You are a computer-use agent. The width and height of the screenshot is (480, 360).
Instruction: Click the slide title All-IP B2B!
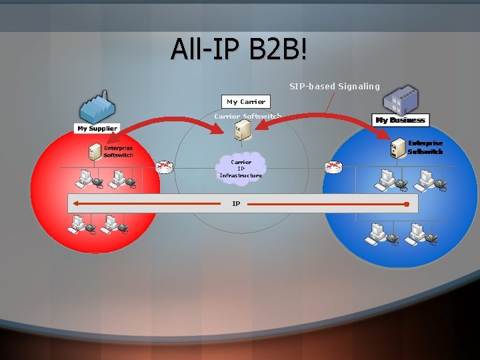pos(239,49)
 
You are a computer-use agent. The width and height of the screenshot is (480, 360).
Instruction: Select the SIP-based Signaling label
pos(334,86)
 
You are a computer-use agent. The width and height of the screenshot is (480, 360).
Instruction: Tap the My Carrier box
pos(246,102)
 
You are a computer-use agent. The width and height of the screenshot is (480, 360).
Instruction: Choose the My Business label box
pos(400,120)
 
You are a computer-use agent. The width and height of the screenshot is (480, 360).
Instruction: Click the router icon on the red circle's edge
pos(164,167)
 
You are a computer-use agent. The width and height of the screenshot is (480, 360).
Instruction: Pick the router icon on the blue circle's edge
pos(333,167)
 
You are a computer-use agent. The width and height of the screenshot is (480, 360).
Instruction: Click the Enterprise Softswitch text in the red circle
pos(118,151)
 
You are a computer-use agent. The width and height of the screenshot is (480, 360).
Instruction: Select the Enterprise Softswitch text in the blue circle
pos(425,147)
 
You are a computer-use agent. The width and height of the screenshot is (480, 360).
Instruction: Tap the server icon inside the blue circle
pos(399,147)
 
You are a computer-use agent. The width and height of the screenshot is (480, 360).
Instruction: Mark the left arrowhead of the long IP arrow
pos(76,203)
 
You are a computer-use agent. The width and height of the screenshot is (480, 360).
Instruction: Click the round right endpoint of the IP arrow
pos(407,204)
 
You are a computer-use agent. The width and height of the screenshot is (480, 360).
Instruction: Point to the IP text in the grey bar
pos(236,203)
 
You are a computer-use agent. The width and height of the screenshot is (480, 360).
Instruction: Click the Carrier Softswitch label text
pos(247,117)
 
